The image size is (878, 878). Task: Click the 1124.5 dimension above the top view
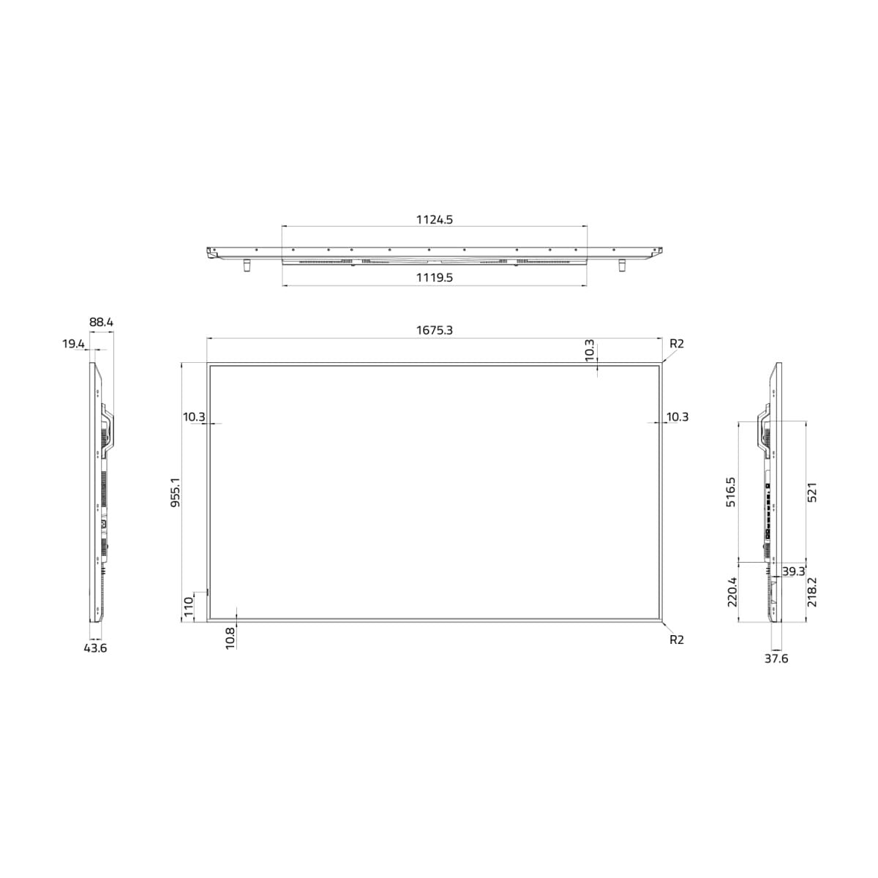click(434, 219)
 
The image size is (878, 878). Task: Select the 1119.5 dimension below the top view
click(434, 277)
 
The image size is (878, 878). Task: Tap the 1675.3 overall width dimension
click(434, 330)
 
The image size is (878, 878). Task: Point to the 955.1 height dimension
click(176, 492)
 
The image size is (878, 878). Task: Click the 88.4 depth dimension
click(101, 322)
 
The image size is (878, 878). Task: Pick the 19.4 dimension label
click(73, 344)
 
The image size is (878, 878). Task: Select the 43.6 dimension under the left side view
click(95, 648)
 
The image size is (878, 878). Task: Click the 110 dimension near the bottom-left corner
click(189, 607)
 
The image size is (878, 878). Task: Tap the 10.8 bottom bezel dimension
click(230, 638)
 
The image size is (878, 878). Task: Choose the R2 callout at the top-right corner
click(677, 344)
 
